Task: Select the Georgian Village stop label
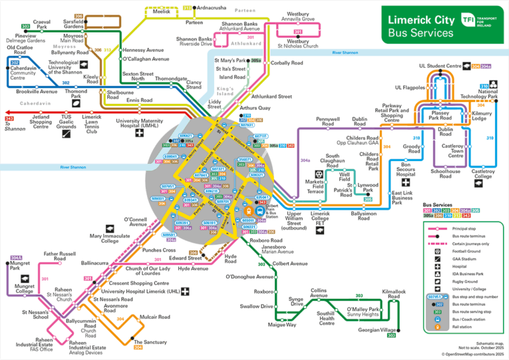(x=378, y=330)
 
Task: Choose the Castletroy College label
(x=482, y=174)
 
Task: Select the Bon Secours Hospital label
(x=406, y=169)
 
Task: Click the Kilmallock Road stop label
(x=394, y=294)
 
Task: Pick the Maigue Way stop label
(x=282, y=325)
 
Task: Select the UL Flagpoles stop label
(x=410, y=88)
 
